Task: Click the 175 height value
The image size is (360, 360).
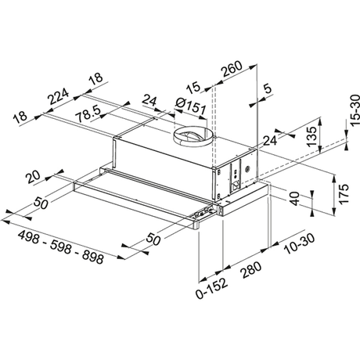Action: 341,192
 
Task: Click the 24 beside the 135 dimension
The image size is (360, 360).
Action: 270,140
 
